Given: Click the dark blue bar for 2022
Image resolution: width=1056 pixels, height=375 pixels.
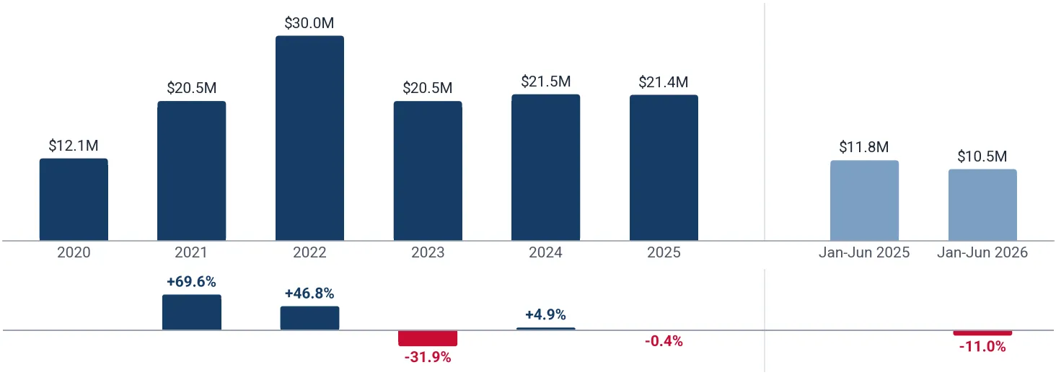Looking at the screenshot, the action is click(x=309, y=138).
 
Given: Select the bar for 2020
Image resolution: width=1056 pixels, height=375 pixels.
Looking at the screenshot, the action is click(x=74, y=200).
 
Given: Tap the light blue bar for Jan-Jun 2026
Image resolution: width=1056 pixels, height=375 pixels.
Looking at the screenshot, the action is click(x=982, y=205).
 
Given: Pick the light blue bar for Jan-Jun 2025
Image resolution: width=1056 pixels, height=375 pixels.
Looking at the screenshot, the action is click(x=864, y=200).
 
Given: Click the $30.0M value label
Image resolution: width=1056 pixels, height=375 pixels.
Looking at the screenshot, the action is click(x=309, y=23).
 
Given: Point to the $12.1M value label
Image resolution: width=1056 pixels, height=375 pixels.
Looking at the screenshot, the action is click(x=74, y=146).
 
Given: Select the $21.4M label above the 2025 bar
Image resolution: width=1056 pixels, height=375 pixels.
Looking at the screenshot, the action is click(x=664, y=82).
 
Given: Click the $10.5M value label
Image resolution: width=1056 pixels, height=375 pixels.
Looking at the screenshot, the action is click(x=982, y=156).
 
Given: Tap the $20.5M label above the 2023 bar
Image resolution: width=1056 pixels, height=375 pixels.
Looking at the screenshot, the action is click(x=428, y=88).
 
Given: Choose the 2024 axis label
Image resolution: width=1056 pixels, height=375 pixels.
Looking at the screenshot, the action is click(x=545, y=252).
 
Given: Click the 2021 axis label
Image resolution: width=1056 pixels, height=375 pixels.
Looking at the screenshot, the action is click(x=191, y=252).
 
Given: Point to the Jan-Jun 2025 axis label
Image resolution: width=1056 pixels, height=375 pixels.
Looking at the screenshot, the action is click(x=864, y=252).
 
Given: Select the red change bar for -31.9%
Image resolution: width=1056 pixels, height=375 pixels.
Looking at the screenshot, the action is click(x=428, y=338).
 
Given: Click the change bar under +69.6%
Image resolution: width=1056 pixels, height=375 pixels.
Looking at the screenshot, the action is click(x=191, y=312).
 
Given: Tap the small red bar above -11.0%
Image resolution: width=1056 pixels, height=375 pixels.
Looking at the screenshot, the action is click(x=982, y=333).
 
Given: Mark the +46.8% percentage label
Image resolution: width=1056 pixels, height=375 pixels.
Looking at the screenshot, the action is click(x=309, y=294).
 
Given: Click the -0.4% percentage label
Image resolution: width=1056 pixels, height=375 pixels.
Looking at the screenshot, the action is click(x=664, y=341).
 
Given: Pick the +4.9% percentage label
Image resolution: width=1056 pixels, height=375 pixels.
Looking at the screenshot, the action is click(x=545, y=314).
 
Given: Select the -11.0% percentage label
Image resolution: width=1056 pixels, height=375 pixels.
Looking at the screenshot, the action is click(x=982, y=347).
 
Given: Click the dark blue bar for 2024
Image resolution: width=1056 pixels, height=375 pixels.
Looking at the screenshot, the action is click(x=546, y=168).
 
